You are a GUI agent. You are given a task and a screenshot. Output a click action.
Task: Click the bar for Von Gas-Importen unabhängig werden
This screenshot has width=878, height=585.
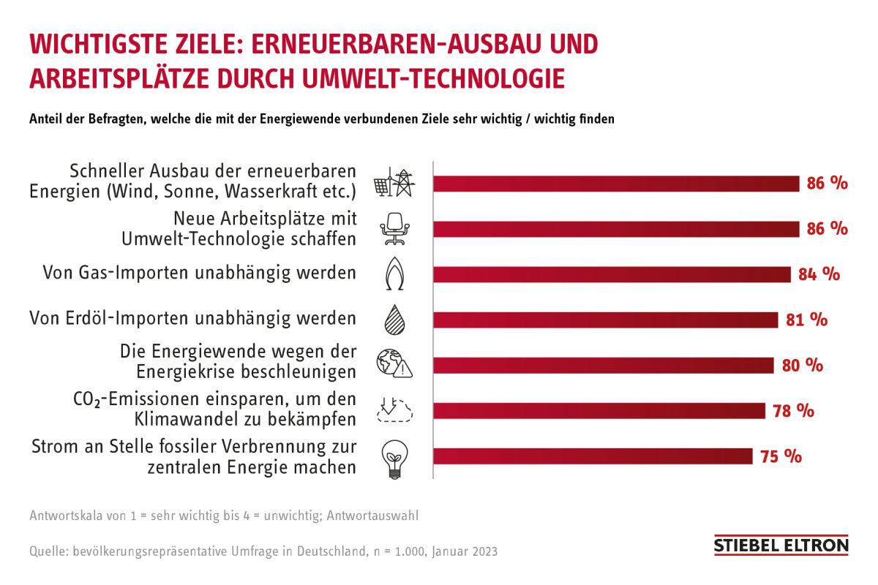[x=612, y=274]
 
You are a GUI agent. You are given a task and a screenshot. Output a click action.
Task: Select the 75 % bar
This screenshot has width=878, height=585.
[x=593, y=456]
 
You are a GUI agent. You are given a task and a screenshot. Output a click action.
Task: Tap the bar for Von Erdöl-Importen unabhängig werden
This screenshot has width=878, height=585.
[x=606, y=320]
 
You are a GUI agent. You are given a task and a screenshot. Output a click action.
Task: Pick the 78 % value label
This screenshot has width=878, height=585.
[x=793, y=411]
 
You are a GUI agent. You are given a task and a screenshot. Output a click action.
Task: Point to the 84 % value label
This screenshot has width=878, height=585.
[x=819, y=274]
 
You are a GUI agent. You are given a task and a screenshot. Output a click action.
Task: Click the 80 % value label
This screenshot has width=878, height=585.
[x=802, y=366]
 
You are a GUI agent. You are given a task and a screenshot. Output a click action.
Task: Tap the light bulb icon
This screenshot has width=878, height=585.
[x=394, y=458]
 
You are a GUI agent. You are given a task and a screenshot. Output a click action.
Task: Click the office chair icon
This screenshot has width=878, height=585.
[x=394, y=228]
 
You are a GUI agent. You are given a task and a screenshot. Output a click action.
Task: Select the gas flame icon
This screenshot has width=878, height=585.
[x=394, y=274]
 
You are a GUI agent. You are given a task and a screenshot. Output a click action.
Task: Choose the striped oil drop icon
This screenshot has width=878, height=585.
[x=394, y=320]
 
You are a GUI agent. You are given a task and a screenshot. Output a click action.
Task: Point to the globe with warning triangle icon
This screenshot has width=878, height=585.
[x=394, y=364]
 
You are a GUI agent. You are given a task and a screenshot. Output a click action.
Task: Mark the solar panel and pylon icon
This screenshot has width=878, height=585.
[x=394, y=183]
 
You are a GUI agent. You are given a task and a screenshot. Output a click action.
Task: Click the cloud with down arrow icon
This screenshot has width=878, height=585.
[x=394, y=411]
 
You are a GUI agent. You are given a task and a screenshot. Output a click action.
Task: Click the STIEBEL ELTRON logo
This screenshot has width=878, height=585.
[x=781, y=546]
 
